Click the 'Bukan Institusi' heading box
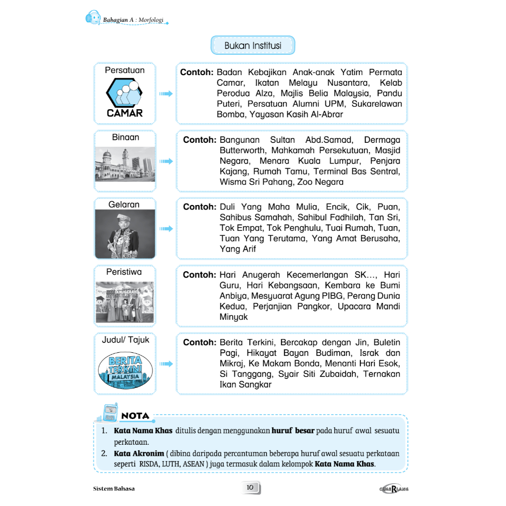pyautogui.click(x=253, y=45)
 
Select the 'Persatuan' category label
pyautogui.click(x=125, y=70)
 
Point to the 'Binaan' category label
pyautogui.click(x=126, y=137)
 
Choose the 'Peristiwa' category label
pyautogui.click(x=124, y=272)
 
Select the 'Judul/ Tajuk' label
pyautogui.click(x=126, y=340)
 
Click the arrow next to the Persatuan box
pyautogui.click(x=166, y=93)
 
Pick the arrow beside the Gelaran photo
pyautogui.click(x=166, y=228)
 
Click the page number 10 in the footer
pyautogui.click(x=250, y=488)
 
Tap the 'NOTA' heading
pyautogui.click(x=135, y=416)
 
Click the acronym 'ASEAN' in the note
pyautogui.click(x=196, y=464)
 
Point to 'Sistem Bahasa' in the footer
pyautogui.click(x=114, y=489)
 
